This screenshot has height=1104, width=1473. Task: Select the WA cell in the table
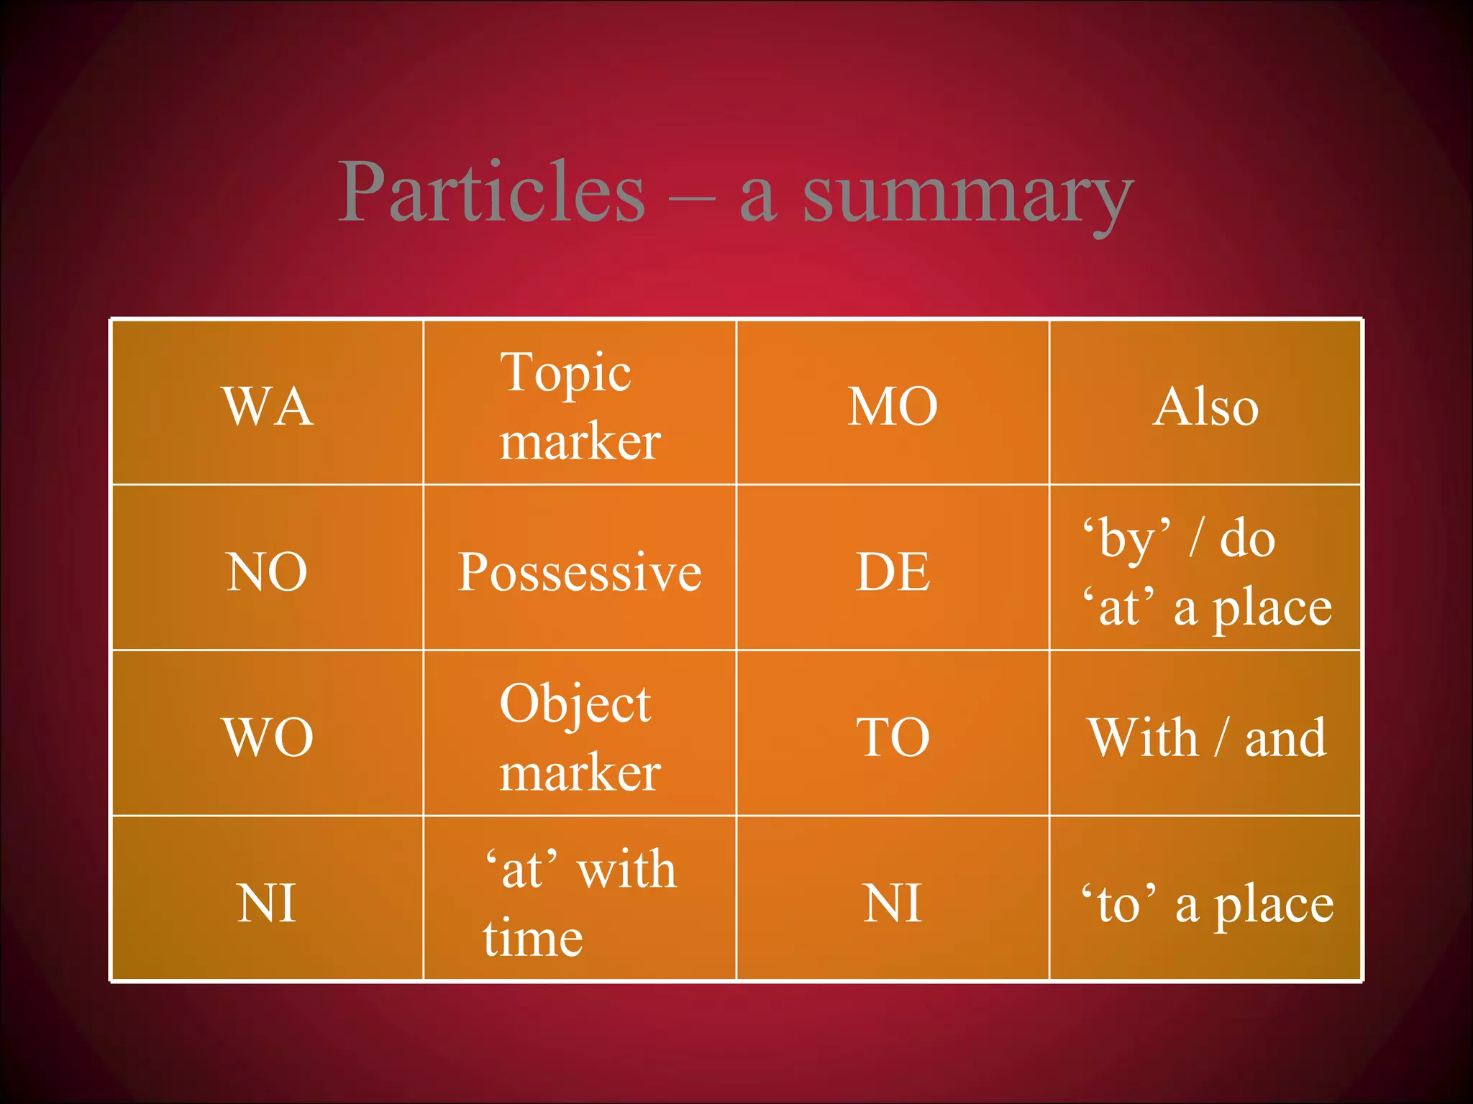tap(268, 406)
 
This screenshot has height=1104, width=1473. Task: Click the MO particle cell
tap(893, 406)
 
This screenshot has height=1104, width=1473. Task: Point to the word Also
tap(1205, 406)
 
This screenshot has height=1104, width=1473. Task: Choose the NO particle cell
tap(268, 571)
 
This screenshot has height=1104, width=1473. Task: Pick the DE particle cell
tap(893, 571)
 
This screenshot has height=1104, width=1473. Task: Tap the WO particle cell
tap(268, 737)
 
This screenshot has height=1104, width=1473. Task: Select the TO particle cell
tap(893, 737)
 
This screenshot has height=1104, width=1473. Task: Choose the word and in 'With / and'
tap(1285, 738)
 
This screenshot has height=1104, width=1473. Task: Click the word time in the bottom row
tap(532, 937)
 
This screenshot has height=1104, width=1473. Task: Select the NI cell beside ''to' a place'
tap(893, 903)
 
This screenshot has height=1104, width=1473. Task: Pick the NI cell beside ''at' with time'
tap(268, 903)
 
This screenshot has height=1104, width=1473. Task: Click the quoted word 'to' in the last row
tap(1119, 904)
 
